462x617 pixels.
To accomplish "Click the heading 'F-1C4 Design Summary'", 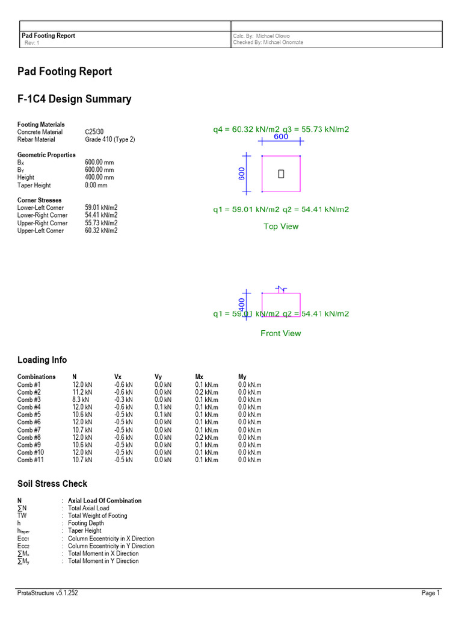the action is [x=74, y=99].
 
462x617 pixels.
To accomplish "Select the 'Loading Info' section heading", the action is [x=42, y=360].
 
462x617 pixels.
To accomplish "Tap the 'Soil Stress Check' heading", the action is [x=52, y=484].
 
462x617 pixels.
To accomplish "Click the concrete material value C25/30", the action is [x=97, y=132].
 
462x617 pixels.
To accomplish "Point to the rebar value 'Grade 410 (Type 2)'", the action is [x=110, y=139].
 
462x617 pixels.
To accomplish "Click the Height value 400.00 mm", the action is [x=99, y=178].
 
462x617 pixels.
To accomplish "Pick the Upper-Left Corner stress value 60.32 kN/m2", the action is [x=101, y=231].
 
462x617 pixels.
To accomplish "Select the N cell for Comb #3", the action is [x=81, y=399].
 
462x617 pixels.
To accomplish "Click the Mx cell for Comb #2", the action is [x=206, y=392].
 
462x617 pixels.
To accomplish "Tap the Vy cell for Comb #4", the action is [x=163, y=407].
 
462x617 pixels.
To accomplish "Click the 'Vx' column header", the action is [x=118, y=377].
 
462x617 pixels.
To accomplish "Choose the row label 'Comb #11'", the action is [x=31, y=460].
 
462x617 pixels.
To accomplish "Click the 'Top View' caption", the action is [x=281, y=227].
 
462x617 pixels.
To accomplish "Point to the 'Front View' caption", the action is [x=281, y=333].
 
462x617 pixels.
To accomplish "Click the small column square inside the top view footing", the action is [x=281, y=174].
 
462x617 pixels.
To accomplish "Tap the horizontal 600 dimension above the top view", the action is [x=281, y=137].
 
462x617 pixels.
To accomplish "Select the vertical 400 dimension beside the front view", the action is [x=242, y=305].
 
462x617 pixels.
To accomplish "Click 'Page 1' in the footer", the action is [x=431, y=594].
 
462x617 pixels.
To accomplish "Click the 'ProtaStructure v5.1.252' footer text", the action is [x=48, y=594].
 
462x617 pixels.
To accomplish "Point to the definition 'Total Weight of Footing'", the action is [x=97, y=516].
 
